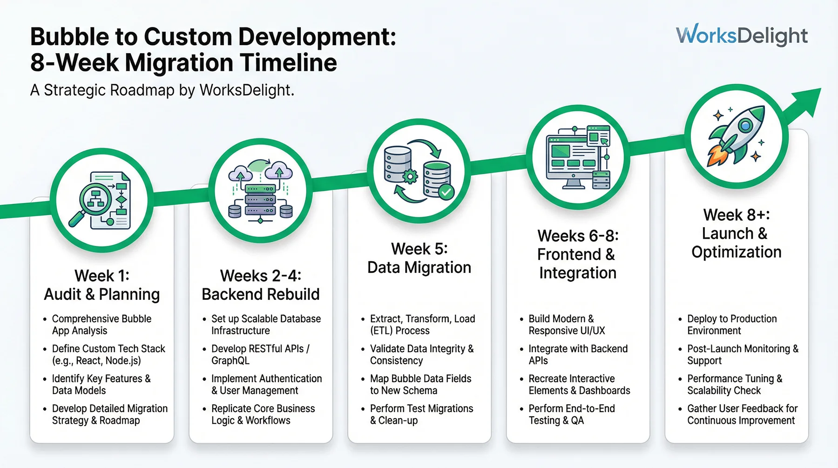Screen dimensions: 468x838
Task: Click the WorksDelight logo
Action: click(742, 35)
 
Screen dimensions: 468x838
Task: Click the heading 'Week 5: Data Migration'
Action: click(419, 258)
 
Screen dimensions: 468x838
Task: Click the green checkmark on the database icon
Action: click(446, 191)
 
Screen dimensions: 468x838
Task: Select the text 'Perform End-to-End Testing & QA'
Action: click(571, 414)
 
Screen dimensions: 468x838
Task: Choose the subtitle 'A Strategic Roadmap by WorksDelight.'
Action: click(162, 90)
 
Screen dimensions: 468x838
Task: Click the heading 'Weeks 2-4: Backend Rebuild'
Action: click(260, 285)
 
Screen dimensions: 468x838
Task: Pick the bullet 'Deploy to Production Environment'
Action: click(731, 325)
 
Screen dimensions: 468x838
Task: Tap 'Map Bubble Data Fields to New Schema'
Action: click(420, 384)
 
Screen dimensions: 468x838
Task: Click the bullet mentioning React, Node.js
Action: click(108, 354)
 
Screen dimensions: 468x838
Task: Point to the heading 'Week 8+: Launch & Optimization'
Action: click(736, 233)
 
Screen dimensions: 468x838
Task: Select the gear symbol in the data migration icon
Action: click(410, 177)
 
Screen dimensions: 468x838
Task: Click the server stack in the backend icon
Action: click(260, 200)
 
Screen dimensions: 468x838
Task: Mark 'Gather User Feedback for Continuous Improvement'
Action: click(742, 414)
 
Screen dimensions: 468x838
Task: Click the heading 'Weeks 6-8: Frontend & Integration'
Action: click(577, 254)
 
